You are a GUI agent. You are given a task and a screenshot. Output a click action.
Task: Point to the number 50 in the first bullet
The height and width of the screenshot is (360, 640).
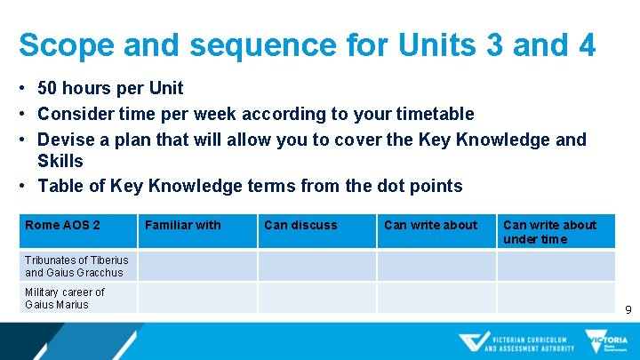point(49,88)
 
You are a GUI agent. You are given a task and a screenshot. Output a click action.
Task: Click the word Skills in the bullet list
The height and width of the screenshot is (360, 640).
point(60,161)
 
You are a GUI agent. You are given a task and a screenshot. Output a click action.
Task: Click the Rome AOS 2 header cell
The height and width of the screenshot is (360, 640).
point(62,226)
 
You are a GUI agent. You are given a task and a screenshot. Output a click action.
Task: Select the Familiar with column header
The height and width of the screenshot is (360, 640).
point(182,226)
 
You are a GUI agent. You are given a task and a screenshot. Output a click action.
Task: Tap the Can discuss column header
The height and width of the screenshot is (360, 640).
point(300,226)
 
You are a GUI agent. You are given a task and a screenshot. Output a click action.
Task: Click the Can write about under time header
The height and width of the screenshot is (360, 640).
point(549,232)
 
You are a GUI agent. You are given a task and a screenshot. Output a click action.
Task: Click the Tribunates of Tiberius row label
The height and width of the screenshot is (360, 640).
point(76,266)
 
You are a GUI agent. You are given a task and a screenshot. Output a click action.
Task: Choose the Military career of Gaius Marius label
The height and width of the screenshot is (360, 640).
point(64,298)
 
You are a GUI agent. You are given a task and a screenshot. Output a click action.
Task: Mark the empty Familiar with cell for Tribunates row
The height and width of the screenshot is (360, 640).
point(197,266)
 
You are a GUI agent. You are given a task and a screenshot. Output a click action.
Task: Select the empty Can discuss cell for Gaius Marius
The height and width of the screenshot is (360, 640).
point(316,297)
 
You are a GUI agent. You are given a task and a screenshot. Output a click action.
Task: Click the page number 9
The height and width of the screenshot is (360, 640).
point(628,310)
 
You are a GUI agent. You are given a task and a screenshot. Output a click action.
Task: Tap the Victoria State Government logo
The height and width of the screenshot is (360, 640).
point(605,342)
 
